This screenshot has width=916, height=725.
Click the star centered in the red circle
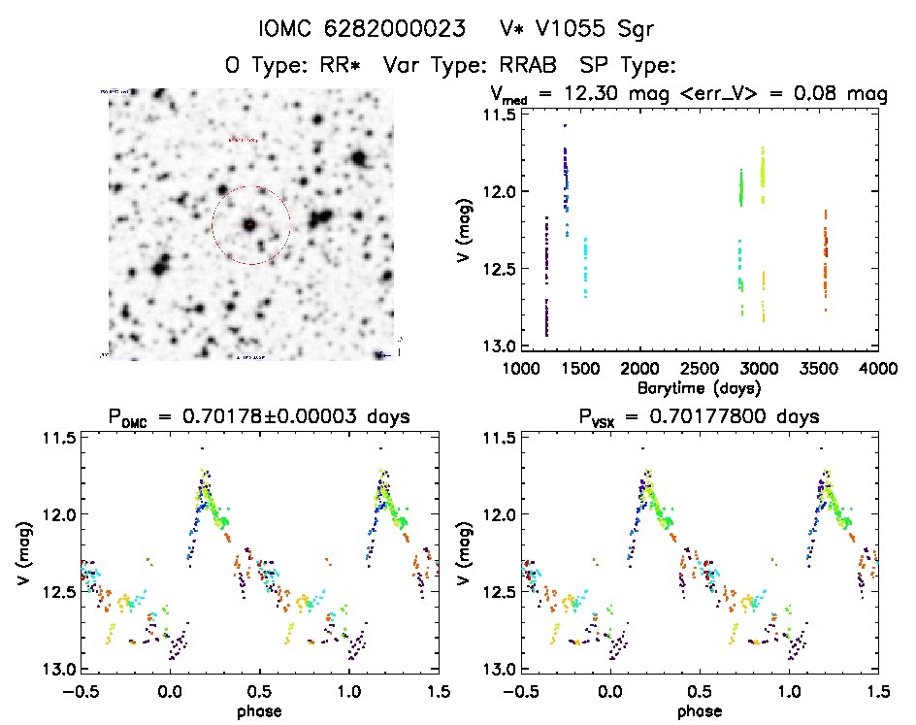(x=249, y=224)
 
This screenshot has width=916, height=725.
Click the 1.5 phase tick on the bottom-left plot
(x=439, y=691)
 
